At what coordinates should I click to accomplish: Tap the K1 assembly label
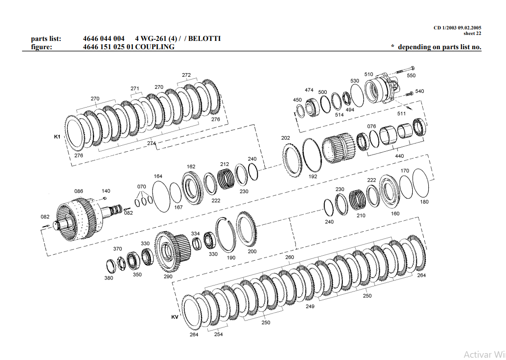(x=57, y=137)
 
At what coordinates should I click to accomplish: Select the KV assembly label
(x=175, y=317)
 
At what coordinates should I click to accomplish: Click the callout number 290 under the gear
(x=168, y=276)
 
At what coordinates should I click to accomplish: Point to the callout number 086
(x=79, y=191)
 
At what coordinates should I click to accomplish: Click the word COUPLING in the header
(x=155, y=47)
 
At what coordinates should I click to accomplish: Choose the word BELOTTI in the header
(x=205, y=39)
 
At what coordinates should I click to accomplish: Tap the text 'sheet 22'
(x=472, y=33)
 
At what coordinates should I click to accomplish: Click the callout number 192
(x=313, y=177)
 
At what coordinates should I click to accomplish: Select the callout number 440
(x=399, y=156)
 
